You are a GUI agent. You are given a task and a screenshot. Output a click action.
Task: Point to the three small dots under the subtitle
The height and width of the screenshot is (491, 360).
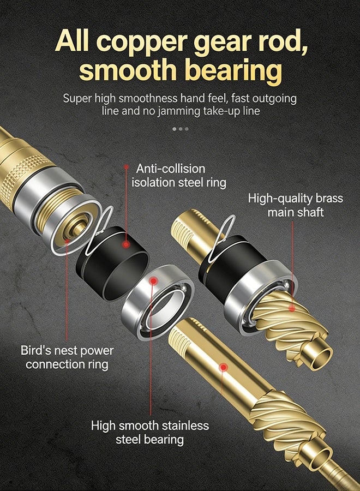181,129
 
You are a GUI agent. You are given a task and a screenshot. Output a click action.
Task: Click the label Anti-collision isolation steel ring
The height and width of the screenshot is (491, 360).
179,176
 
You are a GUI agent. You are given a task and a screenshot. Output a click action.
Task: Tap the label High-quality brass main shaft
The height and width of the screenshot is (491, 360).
296,205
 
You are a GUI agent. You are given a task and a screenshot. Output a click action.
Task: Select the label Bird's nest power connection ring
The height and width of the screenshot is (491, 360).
67,357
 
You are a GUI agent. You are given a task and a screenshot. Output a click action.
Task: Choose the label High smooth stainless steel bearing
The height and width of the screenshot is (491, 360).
149,433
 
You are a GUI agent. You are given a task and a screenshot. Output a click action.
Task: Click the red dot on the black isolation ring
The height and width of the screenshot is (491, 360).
126,244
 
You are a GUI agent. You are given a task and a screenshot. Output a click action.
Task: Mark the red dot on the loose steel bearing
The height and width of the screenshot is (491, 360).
153,281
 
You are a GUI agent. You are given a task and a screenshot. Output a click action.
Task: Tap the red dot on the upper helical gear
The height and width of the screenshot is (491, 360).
292,308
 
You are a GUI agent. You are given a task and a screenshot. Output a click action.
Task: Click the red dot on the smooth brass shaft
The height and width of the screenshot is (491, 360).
223,367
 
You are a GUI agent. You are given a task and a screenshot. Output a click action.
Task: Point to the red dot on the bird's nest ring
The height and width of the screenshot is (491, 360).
67,241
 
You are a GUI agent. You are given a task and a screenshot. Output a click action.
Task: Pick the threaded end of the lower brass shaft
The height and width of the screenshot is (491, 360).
180,338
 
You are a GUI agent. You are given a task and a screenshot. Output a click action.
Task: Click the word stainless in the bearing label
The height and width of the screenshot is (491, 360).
185,426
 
